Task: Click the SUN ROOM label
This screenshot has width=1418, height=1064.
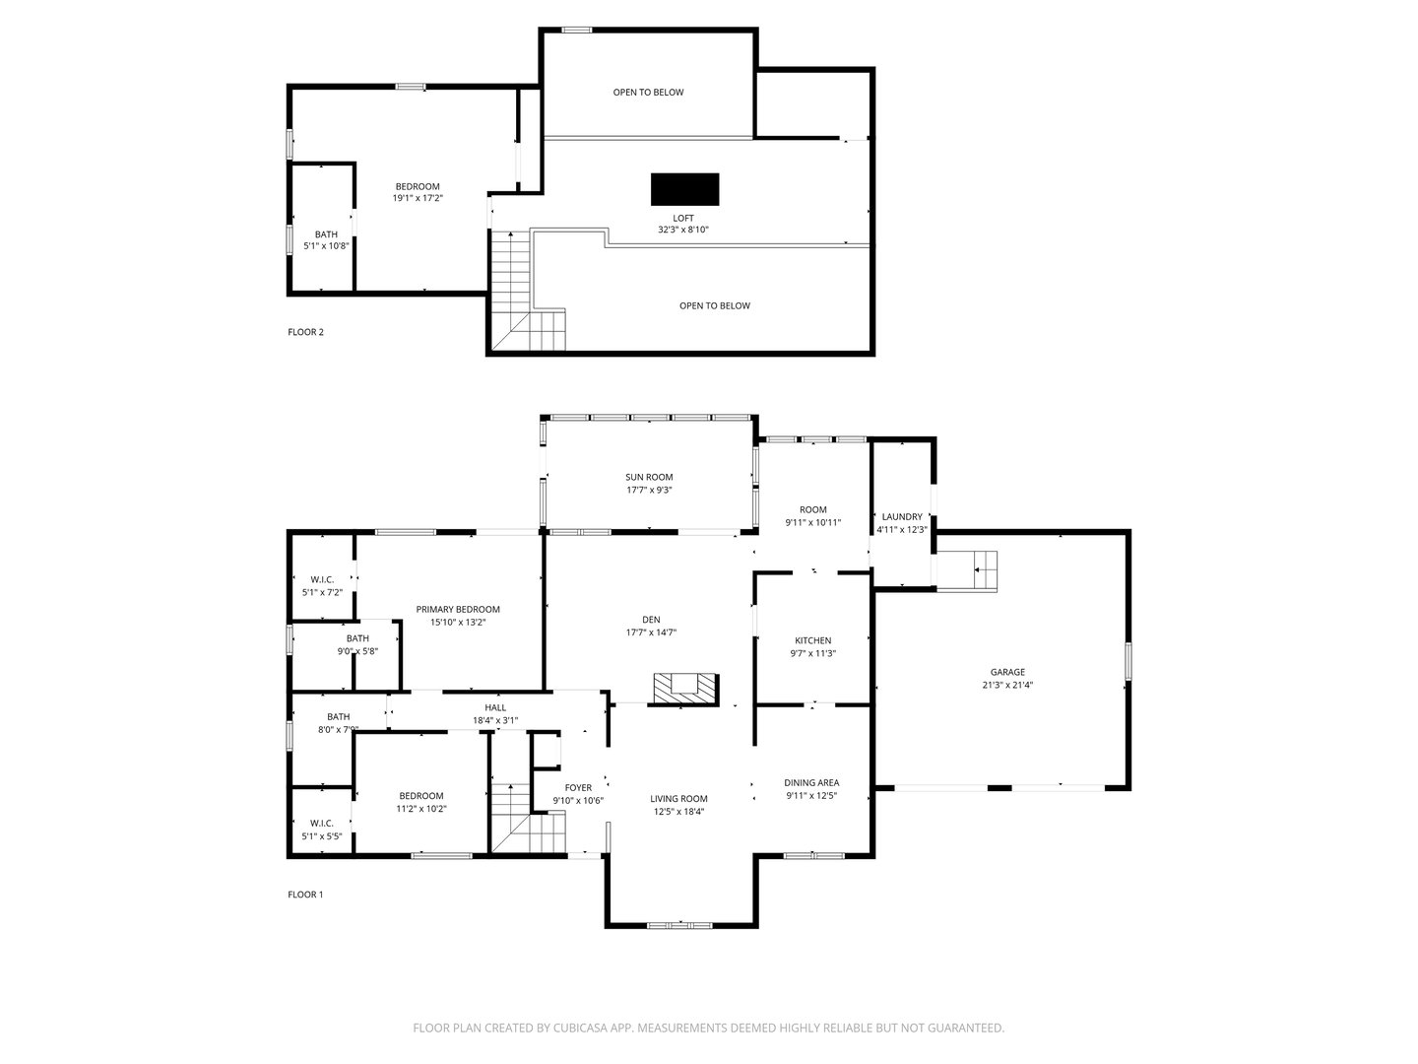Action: click(649, 477)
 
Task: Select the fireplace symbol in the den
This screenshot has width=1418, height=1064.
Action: click(684, 688)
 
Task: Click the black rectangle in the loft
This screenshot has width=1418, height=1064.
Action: click(684, 188)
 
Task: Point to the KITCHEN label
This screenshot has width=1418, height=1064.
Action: click(813, 640)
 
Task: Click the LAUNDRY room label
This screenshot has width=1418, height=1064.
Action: click(902, 516)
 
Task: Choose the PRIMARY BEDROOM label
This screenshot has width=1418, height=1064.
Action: click(458, 609)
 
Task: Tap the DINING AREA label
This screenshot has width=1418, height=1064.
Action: click(811, 782)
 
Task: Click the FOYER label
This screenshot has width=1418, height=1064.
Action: click(578, 787)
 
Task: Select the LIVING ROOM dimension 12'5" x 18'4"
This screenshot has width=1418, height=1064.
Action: click(678, 812)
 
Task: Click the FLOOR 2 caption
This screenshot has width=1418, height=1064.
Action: click(305, 332)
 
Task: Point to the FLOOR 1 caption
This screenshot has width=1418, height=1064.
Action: click(305, 895)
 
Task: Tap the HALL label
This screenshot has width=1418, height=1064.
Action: click(495, 707)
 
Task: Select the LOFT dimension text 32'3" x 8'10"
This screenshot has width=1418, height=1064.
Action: click(683, 230)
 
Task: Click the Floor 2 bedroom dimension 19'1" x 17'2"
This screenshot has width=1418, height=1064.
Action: click(418, 198)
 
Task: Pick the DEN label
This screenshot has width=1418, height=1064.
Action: click(651, 620)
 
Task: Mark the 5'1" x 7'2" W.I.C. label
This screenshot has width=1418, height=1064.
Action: click(322, 592)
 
